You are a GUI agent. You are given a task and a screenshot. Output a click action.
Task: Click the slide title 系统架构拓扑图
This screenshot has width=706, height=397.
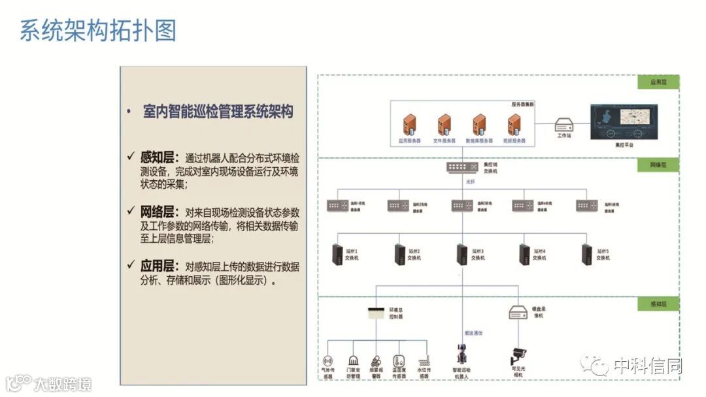pyautogui.click(x=98, y=31)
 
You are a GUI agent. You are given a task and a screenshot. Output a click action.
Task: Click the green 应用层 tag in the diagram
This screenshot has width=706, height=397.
pyautogui.click(x=658, y=83)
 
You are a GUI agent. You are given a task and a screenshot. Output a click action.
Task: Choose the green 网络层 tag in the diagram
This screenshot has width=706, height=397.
pyautogui.click(x=658, y=165)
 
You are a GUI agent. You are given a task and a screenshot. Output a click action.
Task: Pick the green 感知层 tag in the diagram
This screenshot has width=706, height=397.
pyautogui.click(x=658, y=304)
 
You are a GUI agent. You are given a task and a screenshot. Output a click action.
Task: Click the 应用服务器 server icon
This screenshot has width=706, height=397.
pyautogui.click(x=410, y=124)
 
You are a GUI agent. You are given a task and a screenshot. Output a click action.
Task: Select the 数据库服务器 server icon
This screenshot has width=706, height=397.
pyautogui.click(x=479, y=124)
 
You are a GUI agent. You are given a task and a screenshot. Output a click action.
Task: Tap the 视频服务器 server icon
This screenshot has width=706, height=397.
pyautogui.click(x=513, y=124)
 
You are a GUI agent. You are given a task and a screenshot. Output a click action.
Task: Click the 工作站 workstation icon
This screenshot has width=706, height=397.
pyautogui.click(x=564, y=123)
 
